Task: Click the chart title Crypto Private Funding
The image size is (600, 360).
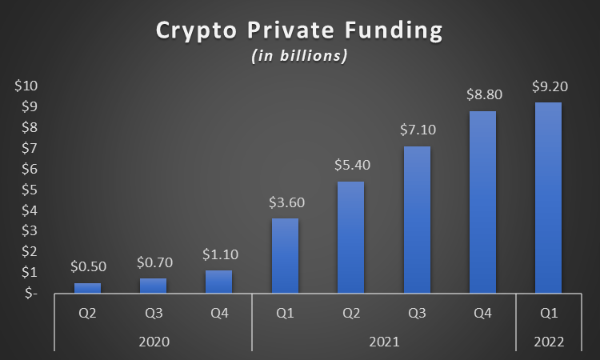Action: [299, 31]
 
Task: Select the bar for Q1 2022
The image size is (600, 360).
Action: [548, 198]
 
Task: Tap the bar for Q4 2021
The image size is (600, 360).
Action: [482, 202]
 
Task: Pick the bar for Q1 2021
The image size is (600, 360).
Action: [285, 255]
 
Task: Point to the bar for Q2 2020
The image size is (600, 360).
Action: [88, 288]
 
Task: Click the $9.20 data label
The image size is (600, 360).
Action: [548, 86]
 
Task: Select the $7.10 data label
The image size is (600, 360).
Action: [417, 130]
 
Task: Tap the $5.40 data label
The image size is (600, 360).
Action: [350, 166]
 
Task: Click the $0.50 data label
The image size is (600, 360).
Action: [88, 267]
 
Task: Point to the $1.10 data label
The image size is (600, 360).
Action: [219, 255]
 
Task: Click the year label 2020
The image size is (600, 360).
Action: [154, 342]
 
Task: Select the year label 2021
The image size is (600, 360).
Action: [384, 342]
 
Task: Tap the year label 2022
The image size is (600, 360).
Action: [548, 342]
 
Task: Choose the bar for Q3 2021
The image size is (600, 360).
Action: [417, 220]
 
